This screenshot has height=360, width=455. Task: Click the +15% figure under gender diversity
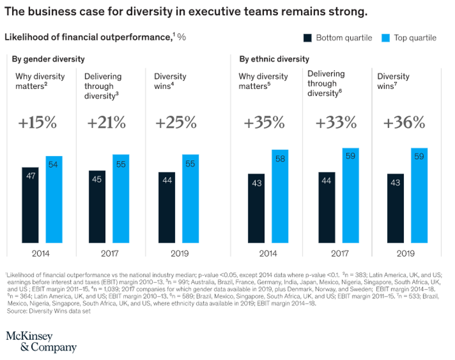pos(37,123)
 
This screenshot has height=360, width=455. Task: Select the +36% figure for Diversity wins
pos(404,123)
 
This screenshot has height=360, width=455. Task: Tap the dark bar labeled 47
pos(30,205)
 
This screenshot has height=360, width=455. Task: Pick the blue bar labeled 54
pos(54,199)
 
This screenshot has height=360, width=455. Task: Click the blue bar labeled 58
pos(280,196)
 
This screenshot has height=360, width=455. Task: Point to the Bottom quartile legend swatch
pos(307,37)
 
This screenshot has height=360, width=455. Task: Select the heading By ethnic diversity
pos(274,59)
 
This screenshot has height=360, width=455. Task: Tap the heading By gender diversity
pos(49,59)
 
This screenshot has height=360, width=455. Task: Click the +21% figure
pos(106,123)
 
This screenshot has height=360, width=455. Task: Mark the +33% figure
pos(336,123)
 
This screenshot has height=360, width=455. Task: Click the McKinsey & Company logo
pos(41,342)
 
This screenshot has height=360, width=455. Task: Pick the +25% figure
pos(176,123)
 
